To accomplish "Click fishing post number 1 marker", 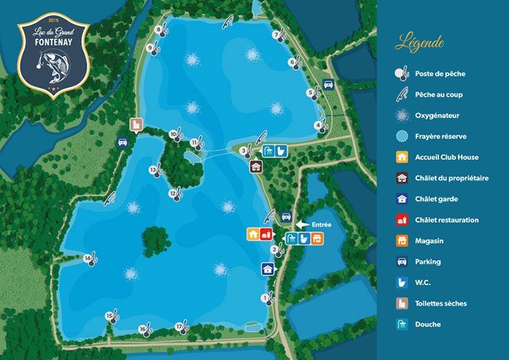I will pyautogui.click(x=268, y=297).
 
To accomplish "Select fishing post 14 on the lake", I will pyautogui.click(x=90, y=259).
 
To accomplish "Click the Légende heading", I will pyautogui.click(x=420, y=43).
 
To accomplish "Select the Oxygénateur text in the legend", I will pyautogui.click(x=437, y=115).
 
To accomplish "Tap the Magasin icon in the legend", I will pyautogui.click(x=401, y=241).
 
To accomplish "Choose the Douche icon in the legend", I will pyautogui.click(x=401, y=324).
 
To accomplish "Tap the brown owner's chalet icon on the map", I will pyautogui.click(x=255, y=167).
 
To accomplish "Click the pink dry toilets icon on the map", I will pyautogui.click(x=135, y=124).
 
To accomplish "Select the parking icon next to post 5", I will pyautogui.click(x=328, y=84).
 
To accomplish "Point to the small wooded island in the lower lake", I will pyautogui.click(x=154, y=237).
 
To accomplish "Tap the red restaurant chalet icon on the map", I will pyautogui.click(x=265, y=233).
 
